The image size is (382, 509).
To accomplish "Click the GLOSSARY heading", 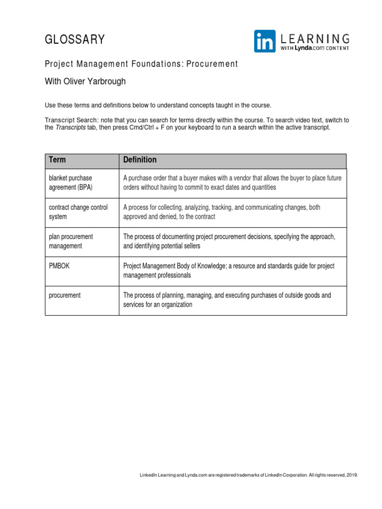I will coord(75,40).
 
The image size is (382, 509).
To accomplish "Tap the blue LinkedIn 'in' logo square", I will coord(265,41).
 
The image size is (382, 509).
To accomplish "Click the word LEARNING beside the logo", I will coord(315,38).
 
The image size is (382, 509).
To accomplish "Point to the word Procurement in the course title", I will coord(213,64).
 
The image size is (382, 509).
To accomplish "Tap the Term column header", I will coord(57,160).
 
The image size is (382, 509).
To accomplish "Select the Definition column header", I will coord(140,160).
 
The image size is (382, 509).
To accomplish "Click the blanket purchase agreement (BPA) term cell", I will coord(71,183).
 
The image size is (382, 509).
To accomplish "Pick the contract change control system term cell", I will coord(78,212).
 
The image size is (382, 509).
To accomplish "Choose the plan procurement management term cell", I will coord(71,242).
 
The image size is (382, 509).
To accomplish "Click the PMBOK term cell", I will coord(59,266).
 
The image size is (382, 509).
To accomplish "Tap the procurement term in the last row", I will coord(65,295).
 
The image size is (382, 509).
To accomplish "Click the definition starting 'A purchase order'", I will coord(232,183).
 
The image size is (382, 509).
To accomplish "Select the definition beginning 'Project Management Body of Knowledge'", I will coord(229,271).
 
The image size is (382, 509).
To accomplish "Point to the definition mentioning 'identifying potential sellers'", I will coord(229,242).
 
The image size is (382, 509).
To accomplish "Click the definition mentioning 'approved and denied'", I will coord(222,212).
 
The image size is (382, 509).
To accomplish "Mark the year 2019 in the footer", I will coord(352,475).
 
